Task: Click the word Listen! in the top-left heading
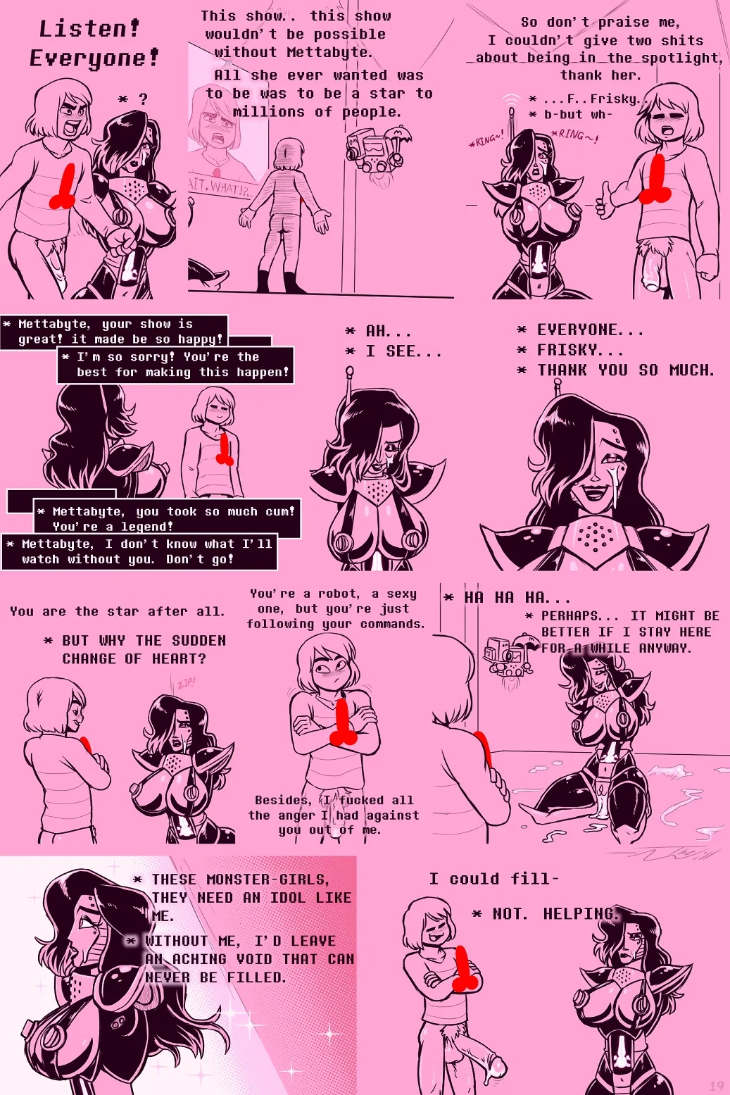coord(89,29)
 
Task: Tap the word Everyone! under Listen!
coord(94,58)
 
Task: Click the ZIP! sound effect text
coord(186,683)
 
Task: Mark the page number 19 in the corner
coord(716,1086)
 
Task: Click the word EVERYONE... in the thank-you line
coord(590,330)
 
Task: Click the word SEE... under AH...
coord(414,351)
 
